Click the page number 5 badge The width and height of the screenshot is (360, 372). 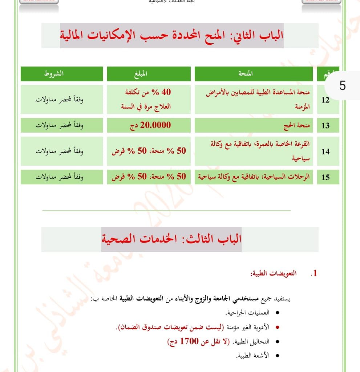[342, 86]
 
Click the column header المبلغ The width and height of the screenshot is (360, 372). [148, 74]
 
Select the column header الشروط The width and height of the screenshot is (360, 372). [53, 74]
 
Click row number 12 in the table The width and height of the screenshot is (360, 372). [325, 100]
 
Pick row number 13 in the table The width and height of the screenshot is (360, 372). [325, 126]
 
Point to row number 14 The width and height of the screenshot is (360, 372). [325, 151]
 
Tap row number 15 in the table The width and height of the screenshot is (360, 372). [325, 177]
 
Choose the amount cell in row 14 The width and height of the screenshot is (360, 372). [148, 151]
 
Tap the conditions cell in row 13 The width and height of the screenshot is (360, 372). [60, 126]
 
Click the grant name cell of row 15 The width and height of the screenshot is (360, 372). [254, 177]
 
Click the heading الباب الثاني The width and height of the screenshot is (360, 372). [172, 36]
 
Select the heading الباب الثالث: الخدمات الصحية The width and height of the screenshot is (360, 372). [172, 239]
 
